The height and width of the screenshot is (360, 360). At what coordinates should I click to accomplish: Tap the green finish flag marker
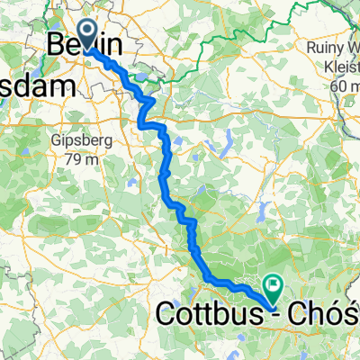point(272,286)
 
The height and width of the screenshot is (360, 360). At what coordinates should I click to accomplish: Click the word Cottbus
point(210,315)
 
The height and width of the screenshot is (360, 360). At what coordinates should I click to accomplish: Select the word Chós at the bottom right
point(328,315)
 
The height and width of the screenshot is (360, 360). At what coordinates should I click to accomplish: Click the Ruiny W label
point(334,49)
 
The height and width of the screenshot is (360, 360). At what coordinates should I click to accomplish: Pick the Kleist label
point(339,67)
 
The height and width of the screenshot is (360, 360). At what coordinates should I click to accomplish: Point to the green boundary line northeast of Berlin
point(207,40)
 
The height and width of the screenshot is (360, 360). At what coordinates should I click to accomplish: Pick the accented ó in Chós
point(335,315)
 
